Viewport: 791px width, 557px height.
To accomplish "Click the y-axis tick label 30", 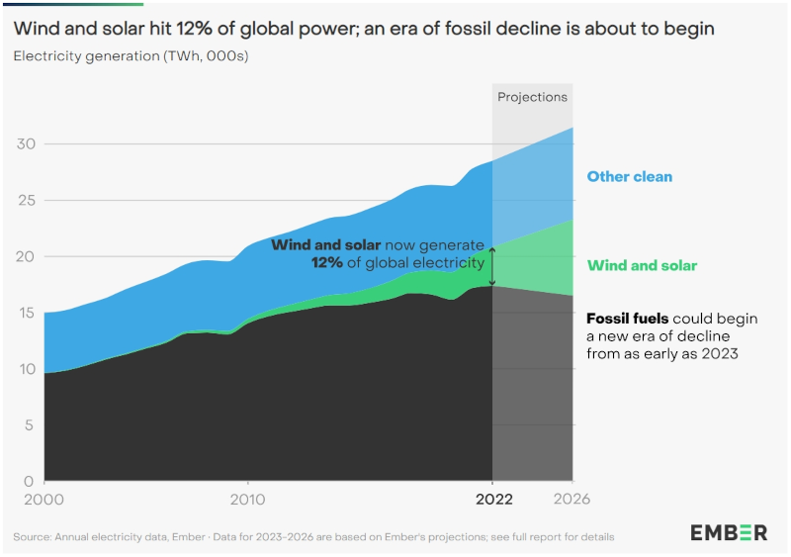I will coord(26,144).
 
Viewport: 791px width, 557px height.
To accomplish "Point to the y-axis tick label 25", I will coord(26,201).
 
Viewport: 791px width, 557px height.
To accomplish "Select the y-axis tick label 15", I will coord(26,314).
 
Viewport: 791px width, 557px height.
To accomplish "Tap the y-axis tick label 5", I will coord(31,425).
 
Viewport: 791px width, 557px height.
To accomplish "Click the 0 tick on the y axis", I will coord(31,482).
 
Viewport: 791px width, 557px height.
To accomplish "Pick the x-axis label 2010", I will coord(247,500).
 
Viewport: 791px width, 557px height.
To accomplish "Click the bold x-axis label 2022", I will coord(492,500).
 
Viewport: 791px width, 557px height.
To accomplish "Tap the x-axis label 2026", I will coord(571,500).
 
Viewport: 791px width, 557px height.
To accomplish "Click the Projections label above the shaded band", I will coord(532,97).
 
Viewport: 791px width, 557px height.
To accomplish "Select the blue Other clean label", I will coord(630,177).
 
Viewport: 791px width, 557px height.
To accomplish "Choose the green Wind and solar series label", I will coord(642,265).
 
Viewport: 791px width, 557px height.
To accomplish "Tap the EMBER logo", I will coord(728,533).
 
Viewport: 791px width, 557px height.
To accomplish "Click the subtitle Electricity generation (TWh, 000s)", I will coord(131,55).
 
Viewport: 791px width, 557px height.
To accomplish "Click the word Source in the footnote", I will coord(33,537).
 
